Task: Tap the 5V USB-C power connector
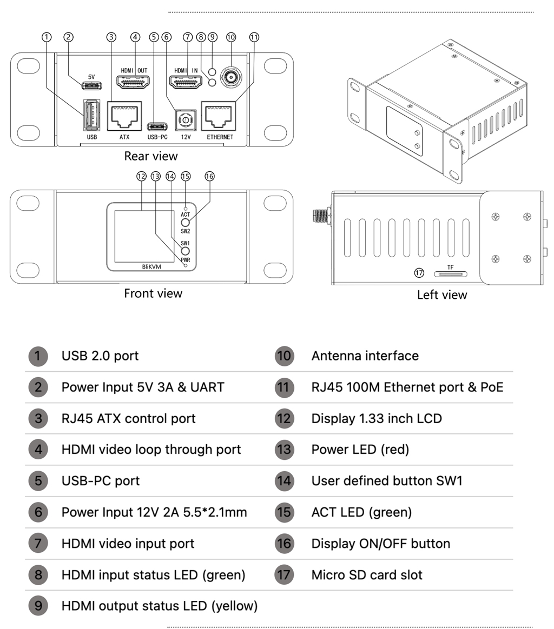tap(91, 86)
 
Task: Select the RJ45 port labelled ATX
tap(124, 116)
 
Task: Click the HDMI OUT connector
tap(134, 82)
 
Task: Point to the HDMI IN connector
tap(186, 82)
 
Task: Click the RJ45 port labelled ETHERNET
tap(219, 116)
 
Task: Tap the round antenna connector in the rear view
tap(232, 78)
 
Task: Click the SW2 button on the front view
tap(186, 222)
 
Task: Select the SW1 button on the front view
tap(185, 251)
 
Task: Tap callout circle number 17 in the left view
tap(419, 273)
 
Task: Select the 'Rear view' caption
tap(151, 156)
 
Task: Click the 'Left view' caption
tap(442, 295)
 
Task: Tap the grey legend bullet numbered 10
tap(284, 356)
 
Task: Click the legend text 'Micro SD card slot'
tap(367, 574)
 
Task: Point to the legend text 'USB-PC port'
tap(101, 481)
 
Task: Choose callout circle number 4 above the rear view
tap(135, 37)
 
